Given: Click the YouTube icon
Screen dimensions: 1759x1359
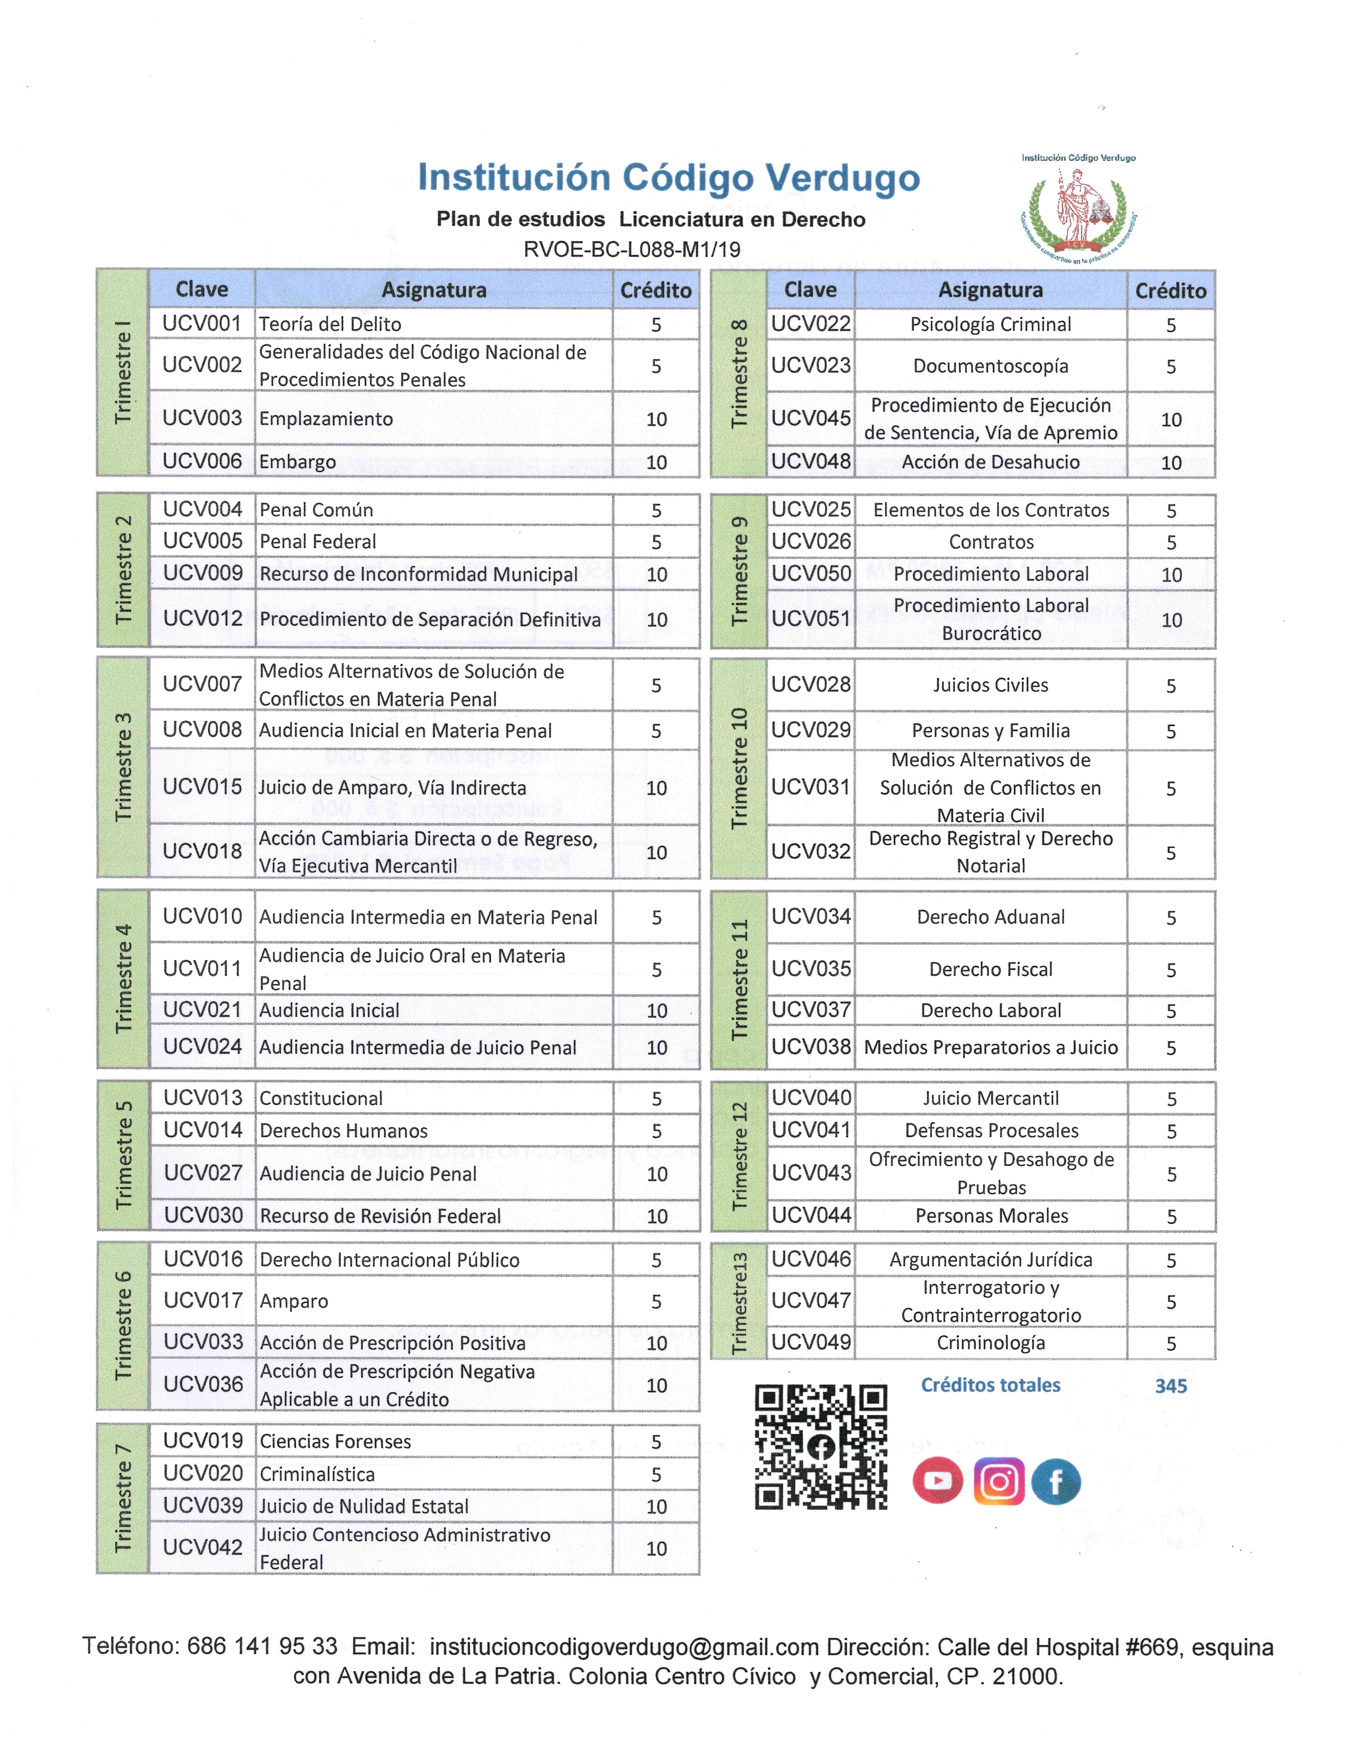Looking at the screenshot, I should [x=937, y=1480].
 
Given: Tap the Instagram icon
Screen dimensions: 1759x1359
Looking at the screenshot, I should [x=998, y=1480].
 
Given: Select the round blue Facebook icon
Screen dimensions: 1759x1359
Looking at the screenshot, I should [x=1055, y=1480].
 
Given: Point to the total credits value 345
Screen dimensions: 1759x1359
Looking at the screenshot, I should [x=1171, y=1385].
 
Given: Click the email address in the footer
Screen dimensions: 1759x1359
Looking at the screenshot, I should [x=624, y=1647].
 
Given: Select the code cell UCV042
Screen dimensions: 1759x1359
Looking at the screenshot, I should [x=202, y=1547].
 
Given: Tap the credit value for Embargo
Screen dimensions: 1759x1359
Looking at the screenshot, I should [x=656, y=462].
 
